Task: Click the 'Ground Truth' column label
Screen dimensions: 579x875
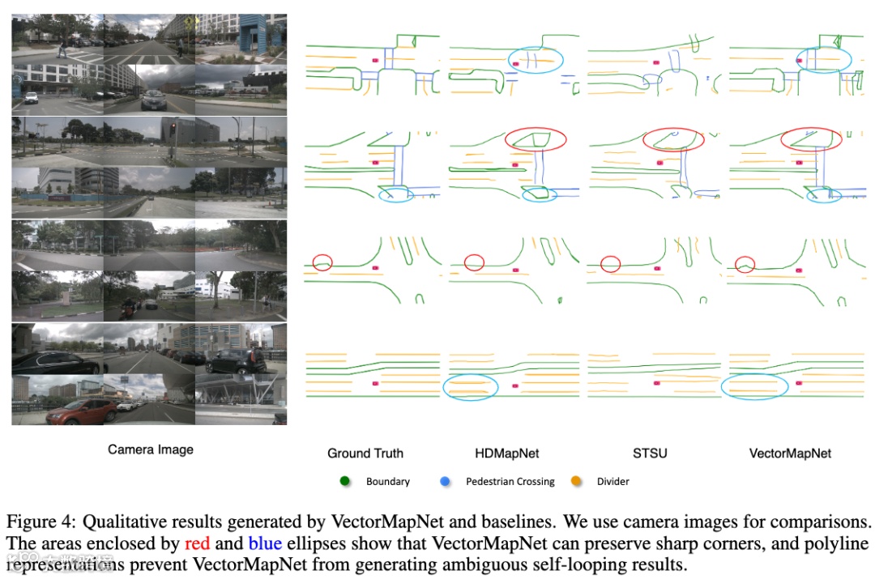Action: coord(365,453)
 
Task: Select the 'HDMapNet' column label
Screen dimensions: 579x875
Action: coord(507,453)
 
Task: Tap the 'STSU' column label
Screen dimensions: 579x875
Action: coord(650,453)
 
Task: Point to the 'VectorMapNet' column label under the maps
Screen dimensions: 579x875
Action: coord(789,453)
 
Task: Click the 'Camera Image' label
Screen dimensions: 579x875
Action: coord(151,449)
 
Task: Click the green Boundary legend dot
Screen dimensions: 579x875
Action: coord(344,481)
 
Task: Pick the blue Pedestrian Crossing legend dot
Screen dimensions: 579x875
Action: coord(446,481)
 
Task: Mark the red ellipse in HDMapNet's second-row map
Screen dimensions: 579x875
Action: coord(537,139)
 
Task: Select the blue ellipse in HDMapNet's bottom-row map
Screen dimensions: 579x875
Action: coord(471,387)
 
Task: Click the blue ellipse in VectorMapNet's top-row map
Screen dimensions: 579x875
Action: coord(823,59)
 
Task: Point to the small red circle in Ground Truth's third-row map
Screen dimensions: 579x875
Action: coord(322,262)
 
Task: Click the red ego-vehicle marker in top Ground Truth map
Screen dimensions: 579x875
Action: coord(375,60)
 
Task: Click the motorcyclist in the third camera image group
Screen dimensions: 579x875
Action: coord(127,307)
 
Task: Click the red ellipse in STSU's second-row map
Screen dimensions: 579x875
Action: coord(675,139)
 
